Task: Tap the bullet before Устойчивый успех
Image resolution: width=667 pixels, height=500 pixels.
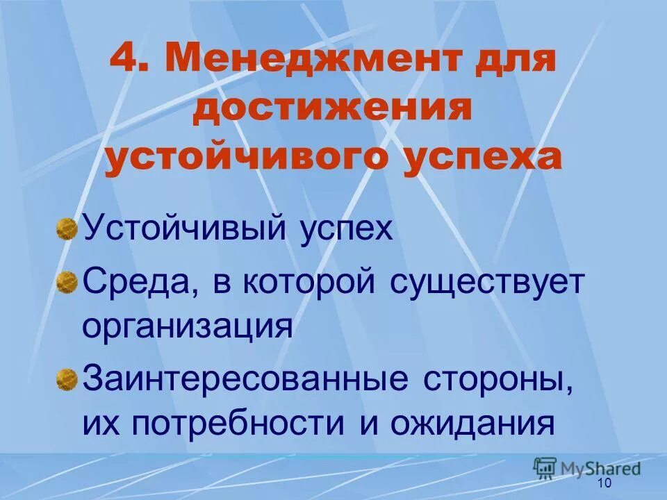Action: (x=66, y=228)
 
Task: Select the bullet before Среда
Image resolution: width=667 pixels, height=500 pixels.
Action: (x=66, y=283)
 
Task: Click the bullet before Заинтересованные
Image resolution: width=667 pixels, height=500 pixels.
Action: (x=66, y=379)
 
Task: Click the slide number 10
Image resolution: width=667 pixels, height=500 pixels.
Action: (x=604, y=483)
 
